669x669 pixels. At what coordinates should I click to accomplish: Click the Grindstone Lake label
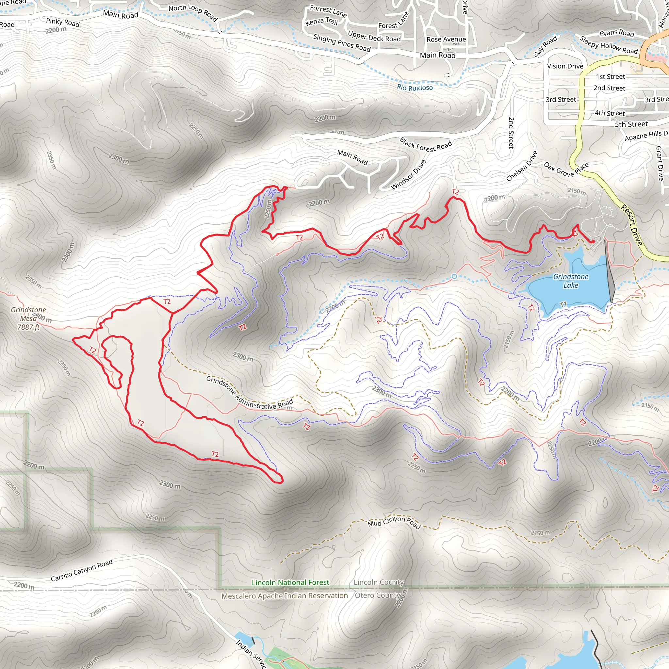[571, 281]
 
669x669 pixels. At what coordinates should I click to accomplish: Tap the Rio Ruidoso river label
[415, 87]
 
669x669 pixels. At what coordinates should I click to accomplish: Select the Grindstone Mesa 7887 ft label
[28, 318]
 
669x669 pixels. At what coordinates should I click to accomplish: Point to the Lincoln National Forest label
[290, 582]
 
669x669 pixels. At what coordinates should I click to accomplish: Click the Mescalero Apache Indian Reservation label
[285, 596]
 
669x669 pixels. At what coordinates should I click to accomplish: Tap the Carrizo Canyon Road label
[82, 570]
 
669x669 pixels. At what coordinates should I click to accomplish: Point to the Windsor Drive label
[408, 174]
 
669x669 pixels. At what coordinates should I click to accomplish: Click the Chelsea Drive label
[522, 166]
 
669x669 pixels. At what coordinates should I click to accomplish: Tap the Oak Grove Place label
[566, 169]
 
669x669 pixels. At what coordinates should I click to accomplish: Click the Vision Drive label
[565, 66]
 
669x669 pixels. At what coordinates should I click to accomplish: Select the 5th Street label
[631, 124]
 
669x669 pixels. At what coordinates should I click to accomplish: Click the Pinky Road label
[63, 22]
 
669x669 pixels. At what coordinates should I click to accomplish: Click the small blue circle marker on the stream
[454, 276]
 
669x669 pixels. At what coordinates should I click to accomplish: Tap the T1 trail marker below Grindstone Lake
[563, 304]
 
